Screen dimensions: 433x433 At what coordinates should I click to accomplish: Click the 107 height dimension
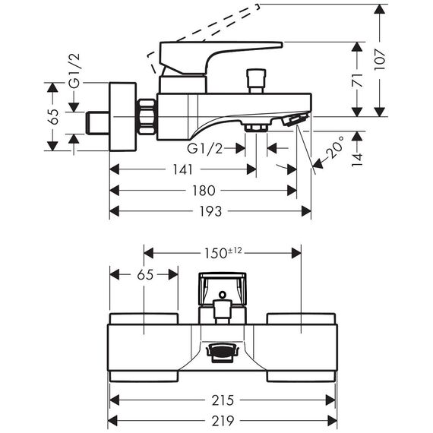tap(380, 60)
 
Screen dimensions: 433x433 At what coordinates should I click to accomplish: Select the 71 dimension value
tap(357, 80)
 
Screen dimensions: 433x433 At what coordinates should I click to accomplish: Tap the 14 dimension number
tap(357, 160)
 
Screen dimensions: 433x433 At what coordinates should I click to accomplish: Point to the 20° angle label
tap(335, 147)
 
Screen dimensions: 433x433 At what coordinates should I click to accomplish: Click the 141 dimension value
tap(182, 169)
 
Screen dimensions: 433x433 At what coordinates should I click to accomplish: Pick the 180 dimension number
tap(204, 191)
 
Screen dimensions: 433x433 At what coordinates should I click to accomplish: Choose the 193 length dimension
tap(210, 211)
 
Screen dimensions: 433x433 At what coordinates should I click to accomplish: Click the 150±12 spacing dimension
tap(223, 253)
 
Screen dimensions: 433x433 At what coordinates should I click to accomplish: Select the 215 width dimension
tap(223, 400)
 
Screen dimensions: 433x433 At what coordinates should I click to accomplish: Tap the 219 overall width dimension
tap(223, 421)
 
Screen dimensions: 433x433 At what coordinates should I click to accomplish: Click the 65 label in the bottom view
tap(146, 275)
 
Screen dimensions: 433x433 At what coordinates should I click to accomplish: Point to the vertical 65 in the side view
tap(53, 116)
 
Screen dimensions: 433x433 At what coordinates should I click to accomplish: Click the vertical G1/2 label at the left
tap(74, 71)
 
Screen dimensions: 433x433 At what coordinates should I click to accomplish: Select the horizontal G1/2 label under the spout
tap(204, 149)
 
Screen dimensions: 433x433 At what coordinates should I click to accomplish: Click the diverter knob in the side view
tap(257, 81)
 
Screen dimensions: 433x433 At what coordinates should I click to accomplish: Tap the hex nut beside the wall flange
tap(147, 117)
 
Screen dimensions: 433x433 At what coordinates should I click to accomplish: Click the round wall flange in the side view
tap(123, 117)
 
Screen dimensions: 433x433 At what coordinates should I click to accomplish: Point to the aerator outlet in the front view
tap(223, 352)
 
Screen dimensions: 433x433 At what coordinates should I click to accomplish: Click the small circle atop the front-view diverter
tap(223, 295)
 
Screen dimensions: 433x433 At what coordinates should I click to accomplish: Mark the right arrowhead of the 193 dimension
tap(306, 211)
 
